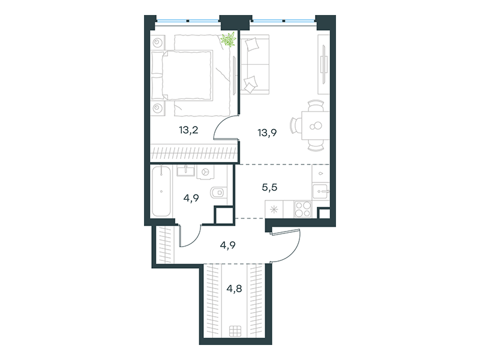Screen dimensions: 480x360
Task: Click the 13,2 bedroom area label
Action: (188, 130)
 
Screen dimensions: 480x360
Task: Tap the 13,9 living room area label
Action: (267, 133)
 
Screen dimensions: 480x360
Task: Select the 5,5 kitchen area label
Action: (269, 187)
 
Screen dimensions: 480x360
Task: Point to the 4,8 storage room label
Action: (234, 289)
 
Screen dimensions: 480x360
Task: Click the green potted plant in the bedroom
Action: (229, 40)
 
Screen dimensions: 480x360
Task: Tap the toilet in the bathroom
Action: (218, 192)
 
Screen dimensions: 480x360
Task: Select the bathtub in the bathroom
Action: (161, 191)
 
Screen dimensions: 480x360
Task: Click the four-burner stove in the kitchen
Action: (303, 209)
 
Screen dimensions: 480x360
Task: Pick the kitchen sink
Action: (320, 191)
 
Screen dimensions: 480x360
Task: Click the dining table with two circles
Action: (316, 125)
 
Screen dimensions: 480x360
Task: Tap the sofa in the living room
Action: (254, 64)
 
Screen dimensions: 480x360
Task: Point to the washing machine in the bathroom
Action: (205, 172)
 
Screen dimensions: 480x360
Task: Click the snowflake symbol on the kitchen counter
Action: (274, 209)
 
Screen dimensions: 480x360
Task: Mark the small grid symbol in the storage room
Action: (235, 331)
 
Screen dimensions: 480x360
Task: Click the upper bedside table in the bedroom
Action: (158, 43)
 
